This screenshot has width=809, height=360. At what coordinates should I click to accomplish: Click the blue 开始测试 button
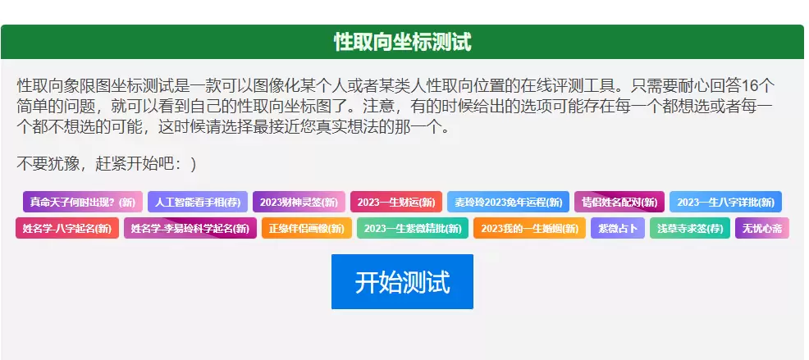point(402,281)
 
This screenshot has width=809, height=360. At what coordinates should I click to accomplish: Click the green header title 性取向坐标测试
point(402,42)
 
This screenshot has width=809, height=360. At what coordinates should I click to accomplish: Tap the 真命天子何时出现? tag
point(83,203)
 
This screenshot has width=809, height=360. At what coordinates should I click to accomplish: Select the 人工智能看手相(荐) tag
point(198,203)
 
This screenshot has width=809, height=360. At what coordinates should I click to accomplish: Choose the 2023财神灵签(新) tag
point(299,203)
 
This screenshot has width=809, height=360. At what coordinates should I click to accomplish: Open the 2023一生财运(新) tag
point(396,203)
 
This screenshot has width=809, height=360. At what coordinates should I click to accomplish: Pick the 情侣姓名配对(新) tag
point(619,203)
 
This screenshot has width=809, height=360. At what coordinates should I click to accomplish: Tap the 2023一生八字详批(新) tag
point(725,203)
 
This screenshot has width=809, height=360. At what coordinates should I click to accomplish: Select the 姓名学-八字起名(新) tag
point(67,228)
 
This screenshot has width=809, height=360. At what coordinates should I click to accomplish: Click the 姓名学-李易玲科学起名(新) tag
point(190,228)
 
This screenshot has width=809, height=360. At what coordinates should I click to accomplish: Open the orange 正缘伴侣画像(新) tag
point(307,228)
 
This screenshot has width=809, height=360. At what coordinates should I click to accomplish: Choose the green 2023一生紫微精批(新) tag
point(413,228)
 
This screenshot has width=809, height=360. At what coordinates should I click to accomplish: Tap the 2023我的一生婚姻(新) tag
point(529,228)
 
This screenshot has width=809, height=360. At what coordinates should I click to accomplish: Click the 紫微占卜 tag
point(618,228)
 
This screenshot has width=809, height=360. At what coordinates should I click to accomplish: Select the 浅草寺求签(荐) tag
point(690,228)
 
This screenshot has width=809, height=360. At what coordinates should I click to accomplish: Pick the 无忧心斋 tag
point(762,228)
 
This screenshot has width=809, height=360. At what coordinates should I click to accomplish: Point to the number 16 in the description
point(748,85)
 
